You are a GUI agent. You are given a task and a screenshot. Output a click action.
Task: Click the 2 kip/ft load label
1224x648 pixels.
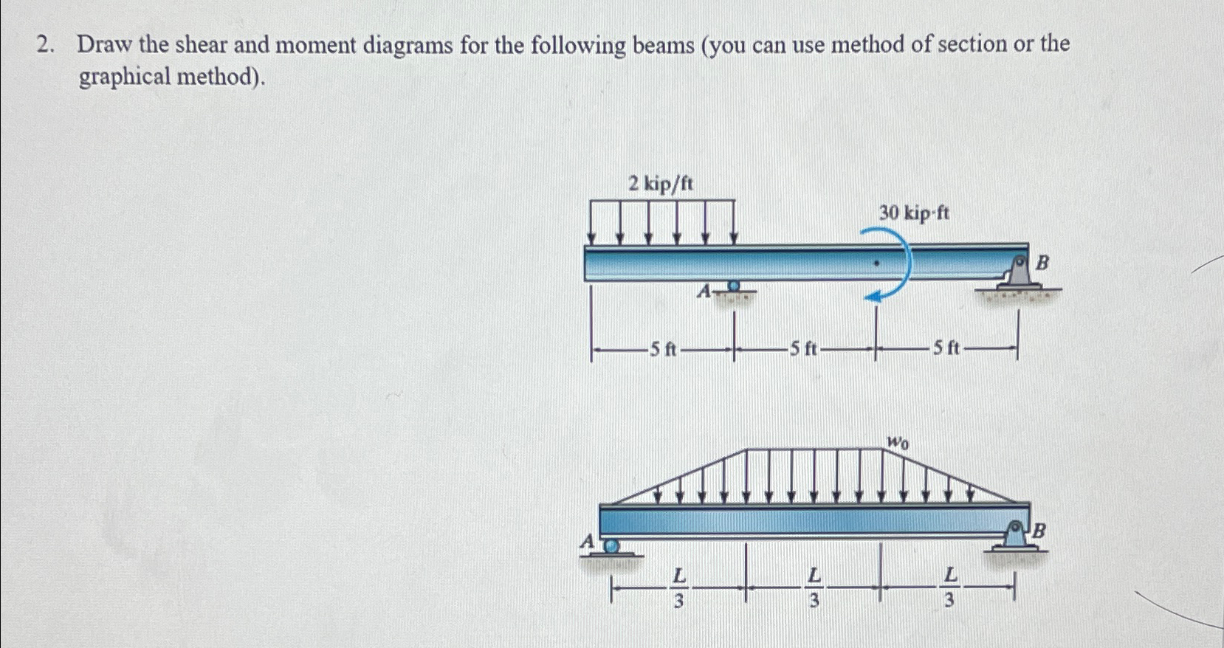coord(661,184)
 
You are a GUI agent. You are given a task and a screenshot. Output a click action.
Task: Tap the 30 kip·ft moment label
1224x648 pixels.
coord(914,213)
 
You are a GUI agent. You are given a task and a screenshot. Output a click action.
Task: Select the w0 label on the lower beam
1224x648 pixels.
coord(898,441)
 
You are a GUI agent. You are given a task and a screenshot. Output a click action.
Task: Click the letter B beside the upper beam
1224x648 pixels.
coord(1042,263)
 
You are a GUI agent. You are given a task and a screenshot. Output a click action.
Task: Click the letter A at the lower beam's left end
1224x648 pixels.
coord(587,542)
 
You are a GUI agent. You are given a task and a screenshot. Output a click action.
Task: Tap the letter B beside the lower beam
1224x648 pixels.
coord(1039,530)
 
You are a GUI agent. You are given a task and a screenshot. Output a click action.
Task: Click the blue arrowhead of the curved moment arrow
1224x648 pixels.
coord(872,296)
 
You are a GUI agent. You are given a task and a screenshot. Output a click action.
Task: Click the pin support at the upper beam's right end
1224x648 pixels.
coord(1017,275)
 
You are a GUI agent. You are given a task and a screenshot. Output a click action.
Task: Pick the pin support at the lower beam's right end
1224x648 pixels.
coord(1015,537)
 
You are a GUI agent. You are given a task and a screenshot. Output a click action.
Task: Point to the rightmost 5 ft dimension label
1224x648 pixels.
coord(946,348)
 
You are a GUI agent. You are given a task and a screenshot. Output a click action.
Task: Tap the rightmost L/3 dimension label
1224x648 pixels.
coord(950,587)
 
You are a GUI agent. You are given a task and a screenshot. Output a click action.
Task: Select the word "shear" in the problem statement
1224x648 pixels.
coord(201,44)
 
